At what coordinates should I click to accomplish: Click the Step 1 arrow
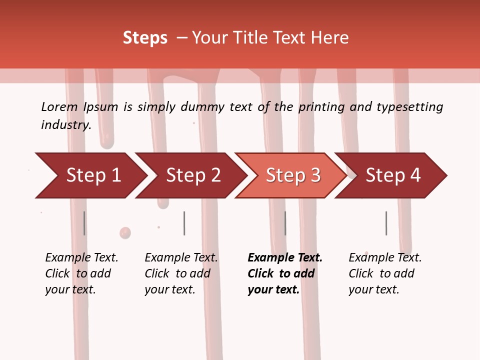(x=90, y=175)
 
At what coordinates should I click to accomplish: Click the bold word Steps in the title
(x=145, y=38)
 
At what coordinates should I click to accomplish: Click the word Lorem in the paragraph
(x=59, y=106)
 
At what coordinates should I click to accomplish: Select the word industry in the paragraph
(x=66, y=124)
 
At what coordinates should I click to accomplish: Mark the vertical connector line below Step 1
(x=84, y=223)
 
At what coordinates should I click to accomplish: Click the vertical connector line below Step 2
(x=184, y=223)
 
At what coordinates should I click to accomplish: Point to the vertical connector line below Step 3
(x=285, y=223)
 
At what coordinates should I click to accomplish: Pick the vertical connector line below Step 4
(x=386, y=223)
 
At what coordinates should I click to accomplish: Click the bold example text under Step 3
(x=284, y=273)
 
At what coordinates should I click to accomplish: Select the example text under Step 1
(x=81, y=273)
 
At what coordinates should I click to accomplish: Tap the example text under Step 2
(x=181, y=273)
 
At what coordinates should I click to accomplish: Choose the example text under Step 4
(x=385, y=273)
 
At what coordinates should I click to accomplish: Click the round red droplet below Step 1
(x=125, y=233)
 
